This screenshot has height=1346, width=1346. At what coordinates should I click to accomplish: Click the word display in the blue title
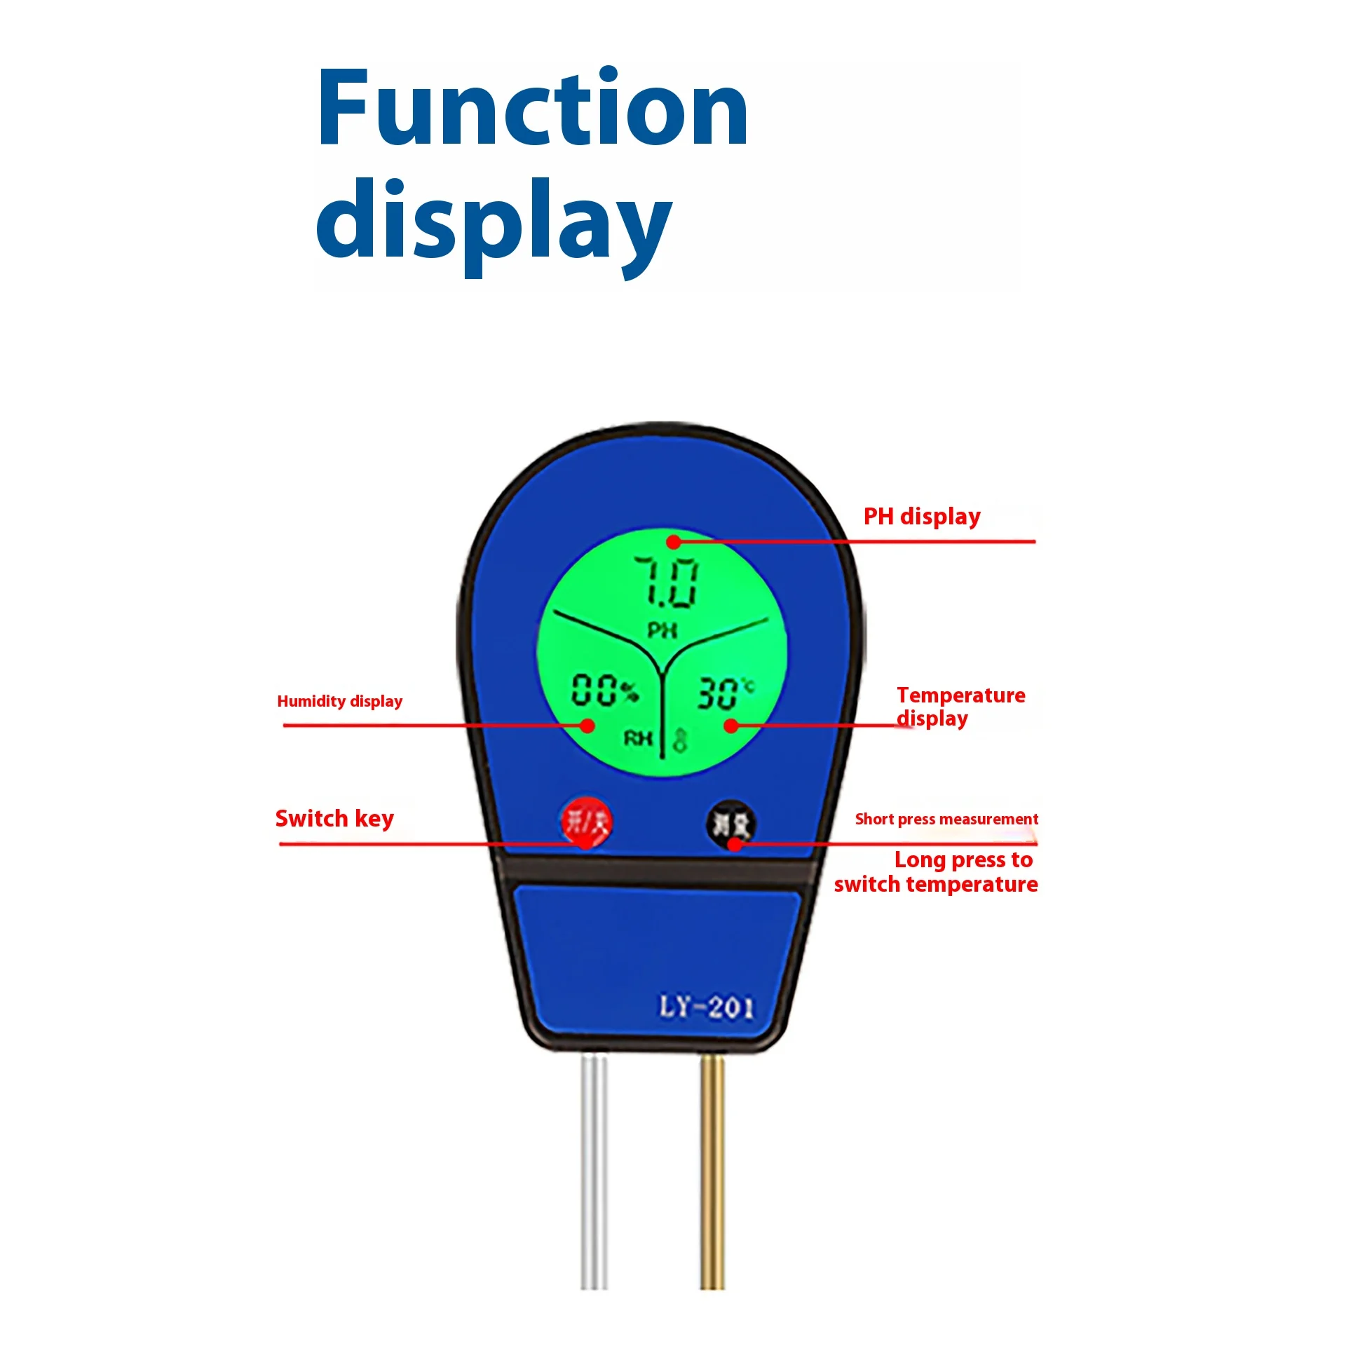pyautogui.click(x=494, y=223)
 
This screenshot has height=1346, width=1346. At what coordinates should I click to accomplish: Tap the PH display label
pyautogui.click(x=921, y=517)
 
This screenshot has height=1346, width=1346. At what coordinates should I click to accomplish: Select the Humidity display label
pyautogui.click(x=340, y=701)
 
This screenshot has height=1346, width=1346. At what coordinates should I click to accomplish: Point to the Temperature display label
pyautogui.click(x=960, y=707)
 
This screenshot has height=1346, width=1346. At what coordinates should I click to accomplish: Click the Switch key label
pyautogui.click(x=334, y=818)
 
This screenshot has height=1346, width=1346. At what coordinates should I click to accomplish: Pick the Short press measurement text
pyautogui.click(x=946, y=819)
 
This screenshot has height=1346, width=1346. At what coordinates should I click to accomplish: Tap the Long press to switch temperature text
pyautogui.click(x=937, y=872)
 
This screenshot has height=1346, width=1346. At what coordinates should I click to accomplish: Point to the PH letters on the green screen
pyautogui.click(x=662, y=631)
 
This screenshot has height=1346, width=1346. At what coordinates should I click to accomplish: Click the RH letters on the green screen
pyautogui.click(x=638, y=737)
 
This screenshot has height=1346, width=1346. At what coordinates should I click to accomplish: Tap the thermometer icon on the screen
pyautogui.click(x=679, y=741)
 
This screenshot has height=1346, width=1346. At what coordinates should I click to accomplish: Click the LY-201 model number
pyautogui.click(x=707, y=1007)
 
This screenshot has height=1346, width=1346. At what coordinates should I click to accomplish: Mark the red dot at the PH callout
pyautogui.click(x=673, y=541)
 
